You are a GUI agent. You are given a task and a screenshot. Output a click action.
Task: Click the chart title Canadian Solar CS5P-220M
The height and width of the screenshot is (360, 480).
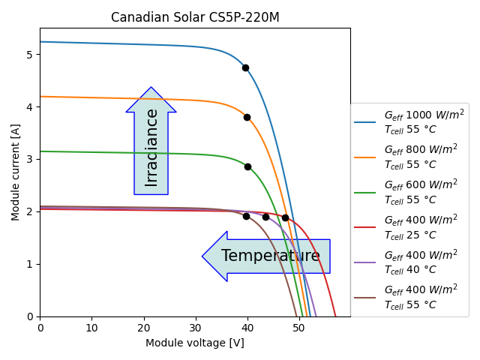point(195,17)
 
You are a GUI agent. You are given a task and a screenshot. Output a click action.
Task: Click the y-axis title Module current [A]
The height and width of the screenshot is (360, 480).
point(16,172)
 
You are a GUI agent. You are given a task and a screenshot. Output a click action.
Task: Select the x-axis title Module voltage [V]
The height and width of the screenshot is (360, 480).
point(195,343)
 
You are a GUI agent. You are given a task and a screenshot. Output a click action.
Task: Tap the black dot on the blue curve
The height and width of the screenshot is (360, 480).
point(245,67)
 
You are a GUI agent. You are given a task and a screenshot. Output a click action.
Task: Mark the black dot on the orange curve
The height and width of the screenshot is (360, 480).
point(247,117)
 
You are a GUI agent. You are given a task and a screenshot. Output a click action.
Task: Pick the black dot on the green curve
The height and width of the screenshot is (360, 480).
point(247,166)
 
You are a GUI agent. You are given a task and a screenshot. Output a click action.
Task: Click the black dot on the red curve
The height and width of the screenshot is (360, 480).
point(285,217)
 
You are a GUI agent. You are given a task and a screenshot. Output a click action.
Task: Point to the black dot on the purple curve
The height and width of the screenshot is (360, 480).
point(265,217)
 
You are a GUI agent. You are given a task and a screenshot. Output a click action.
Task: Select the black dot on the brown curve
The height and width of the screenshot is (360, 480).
point(246,216)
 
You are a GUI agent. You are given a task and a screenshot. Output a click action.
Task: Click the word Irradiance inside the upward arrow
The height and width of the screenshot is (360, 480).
point(151,148)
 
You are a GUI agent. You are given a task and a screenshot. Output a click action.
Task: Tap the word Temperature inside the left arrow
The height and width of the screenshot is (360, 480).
point(271,256)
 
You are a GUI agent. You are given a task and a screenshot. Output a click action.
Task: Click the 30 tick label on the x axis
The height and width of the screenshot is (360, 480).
point(195,328)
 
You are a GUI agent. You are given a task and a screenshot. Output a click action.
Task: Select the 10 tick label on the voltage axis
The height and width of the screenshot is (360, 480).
point(91,328)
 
